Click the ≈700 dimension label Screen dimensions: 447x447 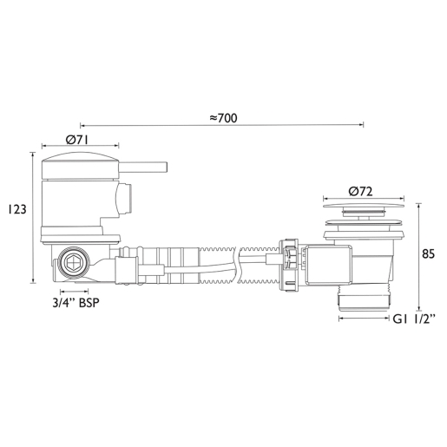coord(223,118)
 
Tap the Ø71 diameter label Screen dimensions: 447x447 coord(77,140)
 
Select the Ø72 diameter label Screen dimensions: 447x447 coord(360,192)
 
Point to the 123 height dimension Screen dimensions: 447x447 coord(16,209)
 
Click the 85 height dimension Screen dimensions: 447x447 coord(428,253)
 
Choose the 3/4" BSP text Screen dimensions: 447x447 coord(76,303)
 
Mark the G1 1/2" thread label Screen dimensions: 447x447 coord(414,319)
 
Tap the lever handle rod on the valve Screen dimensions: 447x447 coord(143,167)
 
